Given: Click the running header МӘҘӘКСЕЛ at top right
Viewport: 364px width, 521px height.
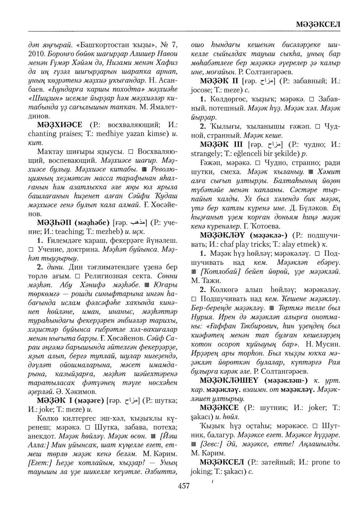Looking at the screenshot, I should click(318, 24).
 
